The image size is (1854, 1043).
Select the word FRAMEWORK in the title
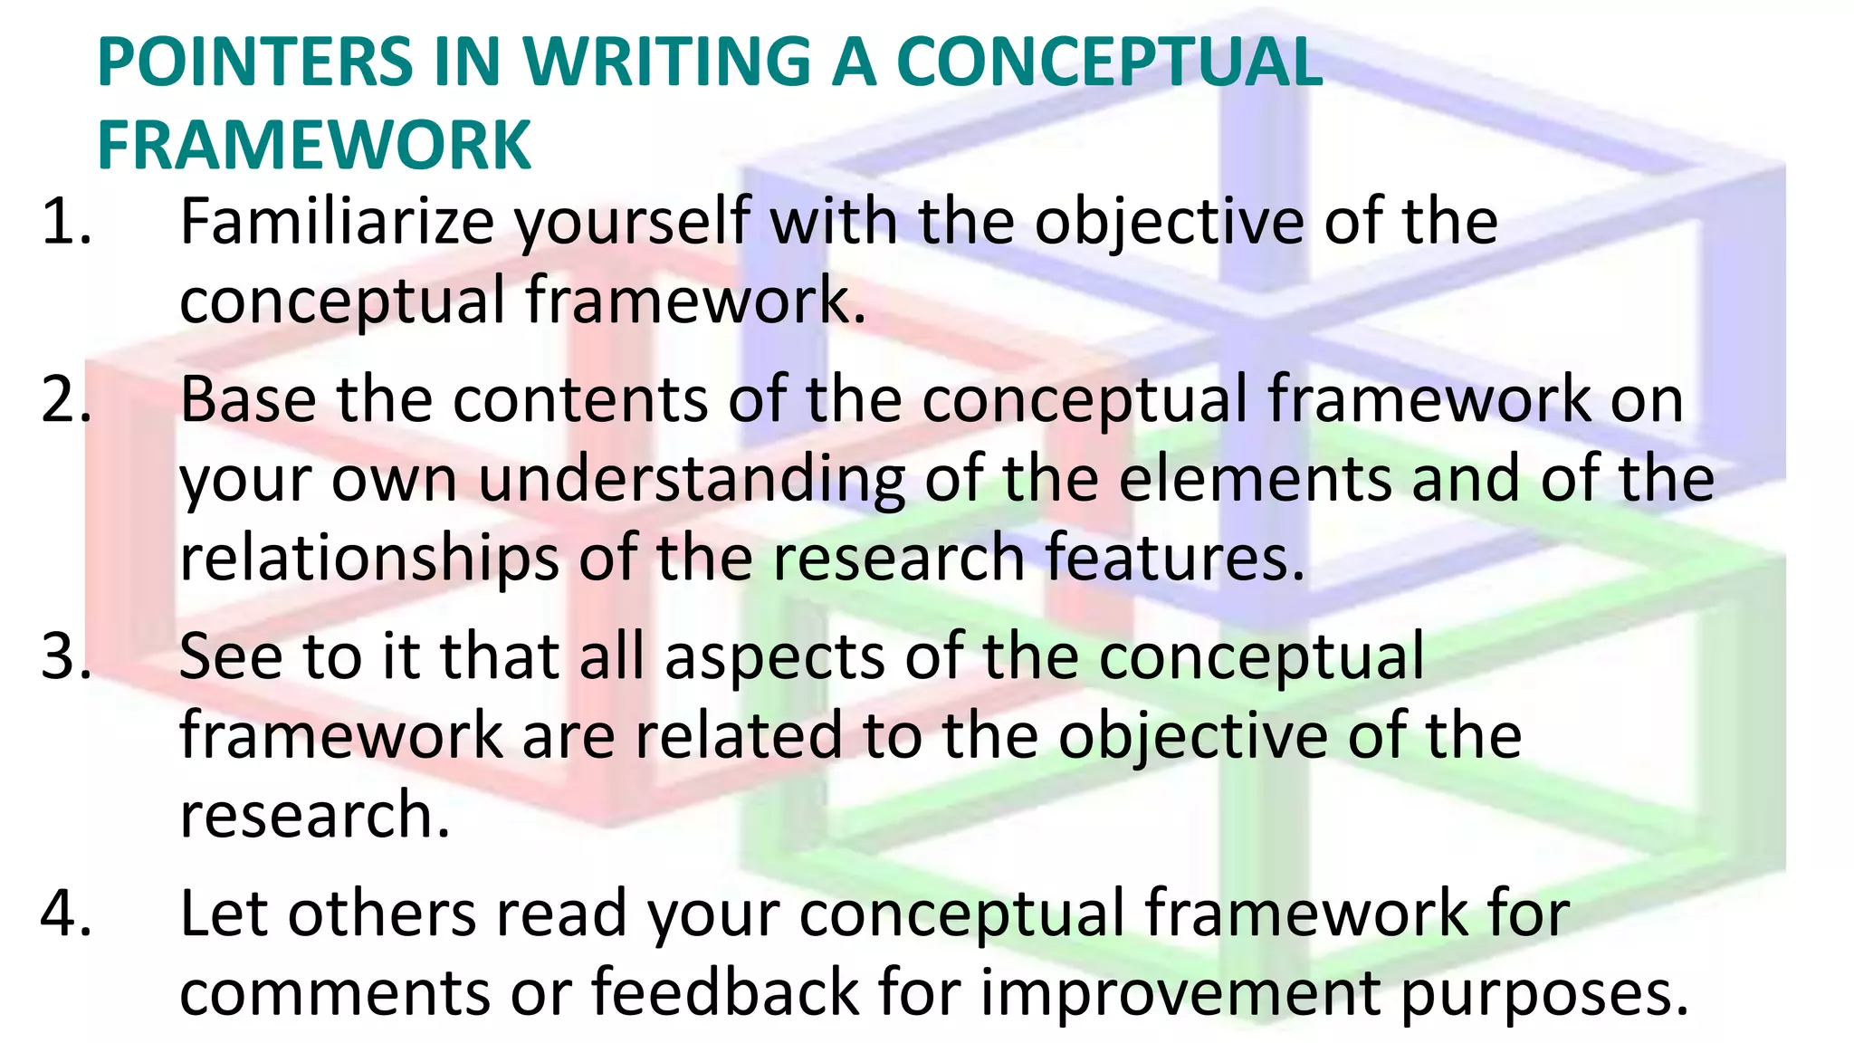click(313, 145)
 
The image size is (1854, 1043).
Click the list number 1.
click(66, 222)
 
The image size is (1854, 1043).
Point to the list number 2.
click(66, 399)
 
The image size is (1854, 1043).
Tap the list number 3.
click(66, 656)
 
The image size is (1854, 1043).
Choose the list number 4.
click(66, 914)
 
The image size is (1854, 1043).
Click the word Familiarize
click(337, 222)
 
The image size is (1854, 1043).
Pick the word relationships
click(369, 558)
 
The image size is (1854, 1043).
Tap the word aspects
click(774, 658)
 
